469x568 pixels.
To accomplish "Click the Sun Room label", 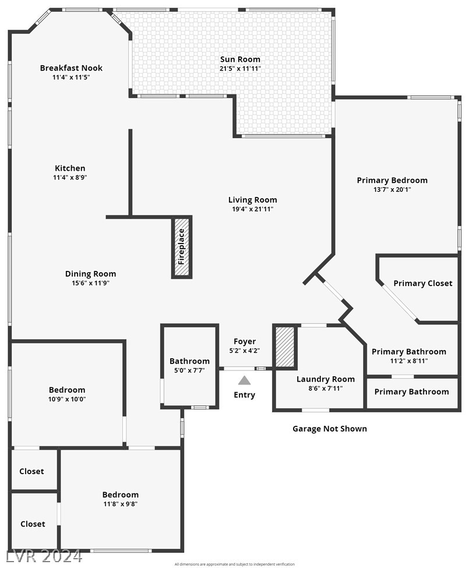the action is pyautogui.click(x=240, y=59).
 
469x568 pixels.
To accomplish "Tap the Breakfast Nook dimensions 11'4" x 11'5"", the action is pyautogui.click(x=71, y=77).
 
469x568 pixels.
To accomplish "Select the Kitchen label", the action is pyautogui.click(x=70, y=168).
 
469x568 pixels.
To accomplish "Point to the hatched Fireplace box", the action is pyautogui.click(x=181, y=246).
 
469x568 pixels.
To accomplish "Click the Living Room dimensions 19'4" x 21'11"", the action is pyautogui.click(x=252, y=209).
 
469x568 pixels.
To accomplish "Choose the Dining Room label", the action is pyautogui.click(x=90, y=274).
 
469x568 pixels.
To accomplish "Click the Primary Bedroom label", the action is pyautogui.click(x=392, y=180).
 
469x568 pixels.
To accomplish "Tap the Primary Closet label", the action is pyautogui.click(x=423, y=283).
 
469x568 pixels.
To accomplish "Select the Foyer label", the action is pyautogui.click(x=245, y=341).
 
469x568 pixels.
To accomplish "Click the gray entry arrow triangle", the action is pyautogui.click(x=245, y=380).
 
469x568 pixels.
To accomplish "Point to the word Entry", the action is pyautogui.click(x=245, y=395).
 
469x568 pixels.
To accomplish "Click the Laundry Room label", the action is pyautogui.click(x=326, y=379).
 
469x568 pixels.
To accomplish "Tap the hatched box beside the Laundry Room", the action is pyautogui.click(x=285, y=347).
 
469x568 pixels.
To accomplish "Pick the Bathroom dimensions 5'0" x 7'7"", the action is pyautogui.click(x=189, y=370).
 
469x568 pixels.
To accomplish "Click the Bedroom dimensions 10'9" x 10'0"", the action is pyautogui.click(x=67, y=399).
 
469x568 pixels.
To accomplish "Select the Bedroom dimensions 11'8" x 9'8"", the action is pyautogui.click(x=120, y=504).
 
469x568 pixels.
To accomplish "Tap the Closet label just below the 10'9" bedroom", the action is pyautogui.click(x=31, y=471).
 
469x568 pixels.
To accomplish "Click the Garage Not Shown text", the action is pyautogui.click(x=330, y=429).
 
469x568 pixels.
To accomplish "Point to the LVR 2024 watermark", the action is pyautogui.click(x=41, y=556).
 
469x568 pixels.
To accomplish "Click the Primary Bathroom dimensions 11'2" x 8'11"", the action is pyautogui.click(x=409, y=361).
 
